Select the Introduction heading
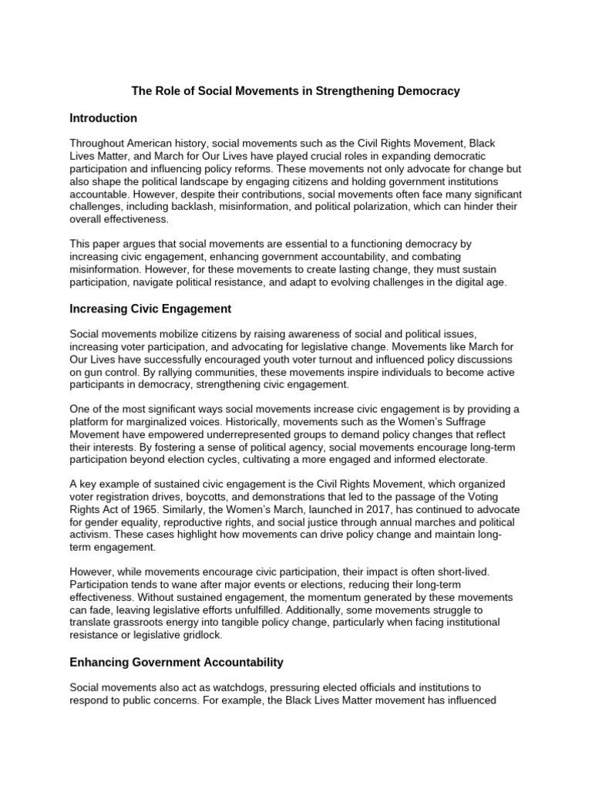pyautogui.click(x=103, y=118)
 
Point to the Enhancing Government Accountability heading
pyautogui.click(x=177, y=662)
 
